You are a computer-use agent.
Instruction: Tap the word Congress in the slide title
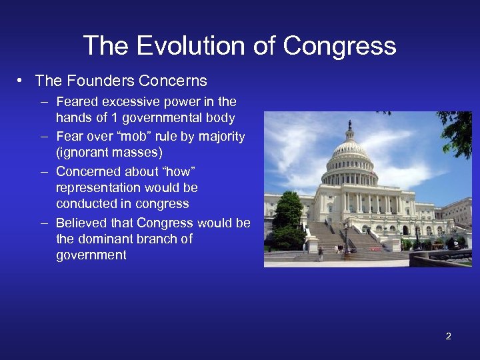click(x=339, y=46)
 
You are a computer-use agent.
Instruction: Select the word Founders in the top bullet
click(x=90, y=81)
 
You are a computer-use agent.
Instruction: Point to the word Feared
click(x=77, y=102)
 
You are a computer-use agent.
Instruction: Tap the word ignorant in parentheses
click(x=85, y=153)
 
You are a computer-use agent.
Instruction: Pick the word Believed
click(x=81, y=223)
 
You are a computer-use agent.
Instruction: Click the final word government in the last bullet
click(x=91, y=255)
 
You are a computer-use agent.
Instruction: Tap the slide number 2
click(x=448, y=336)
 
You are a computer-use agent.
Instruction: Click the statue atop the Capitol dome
click(x=349, y=125)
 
